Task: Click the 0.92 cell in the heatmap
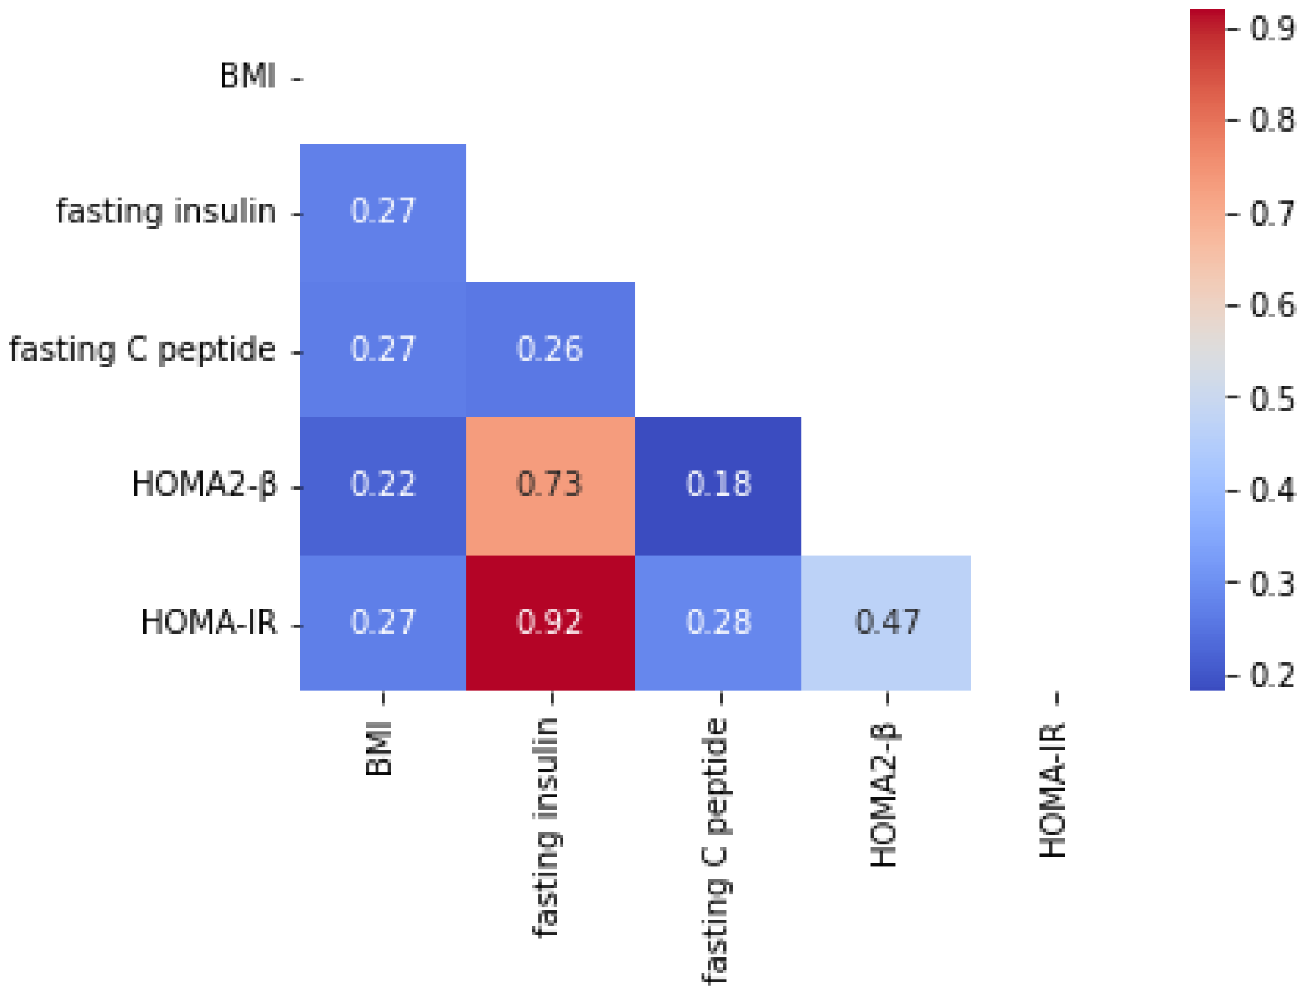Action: click(x=550, y=623)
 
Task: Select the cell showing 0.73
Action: click(x=550, y=485)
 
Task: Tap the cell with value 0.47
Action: click(x=886, y=623)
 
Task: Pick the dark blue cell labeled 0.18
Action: click(x=718, y=485)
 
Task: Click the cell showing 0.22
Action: click(x=383, y=485)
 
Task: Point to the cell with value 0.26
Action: click(x=550, y=349)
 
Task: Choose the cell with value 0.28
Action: click(x=718, y=623)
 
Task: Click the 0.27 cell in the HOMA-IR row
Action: click(x=383, y=623)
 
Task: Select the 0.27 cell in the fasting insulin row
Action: click(x=383, y=212)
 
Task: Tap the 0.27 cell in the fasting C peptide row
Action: click(x=383, y=349)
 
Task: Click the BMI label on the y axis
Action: click(x=247, y=76)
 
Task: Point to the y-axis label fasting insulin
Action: click(x=165, y=212)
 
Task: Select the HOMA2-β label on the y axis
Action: click(x=204, y=484)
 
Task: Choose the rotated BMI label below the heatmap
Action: click(x=380, y=748)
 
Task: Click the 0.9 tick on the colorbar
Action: click(x=1271, y=29)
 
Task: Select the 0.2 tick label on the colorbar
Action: click(x=1271, y=675)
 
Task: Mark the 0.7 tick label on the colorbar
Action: click(x=1271, y=214)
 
